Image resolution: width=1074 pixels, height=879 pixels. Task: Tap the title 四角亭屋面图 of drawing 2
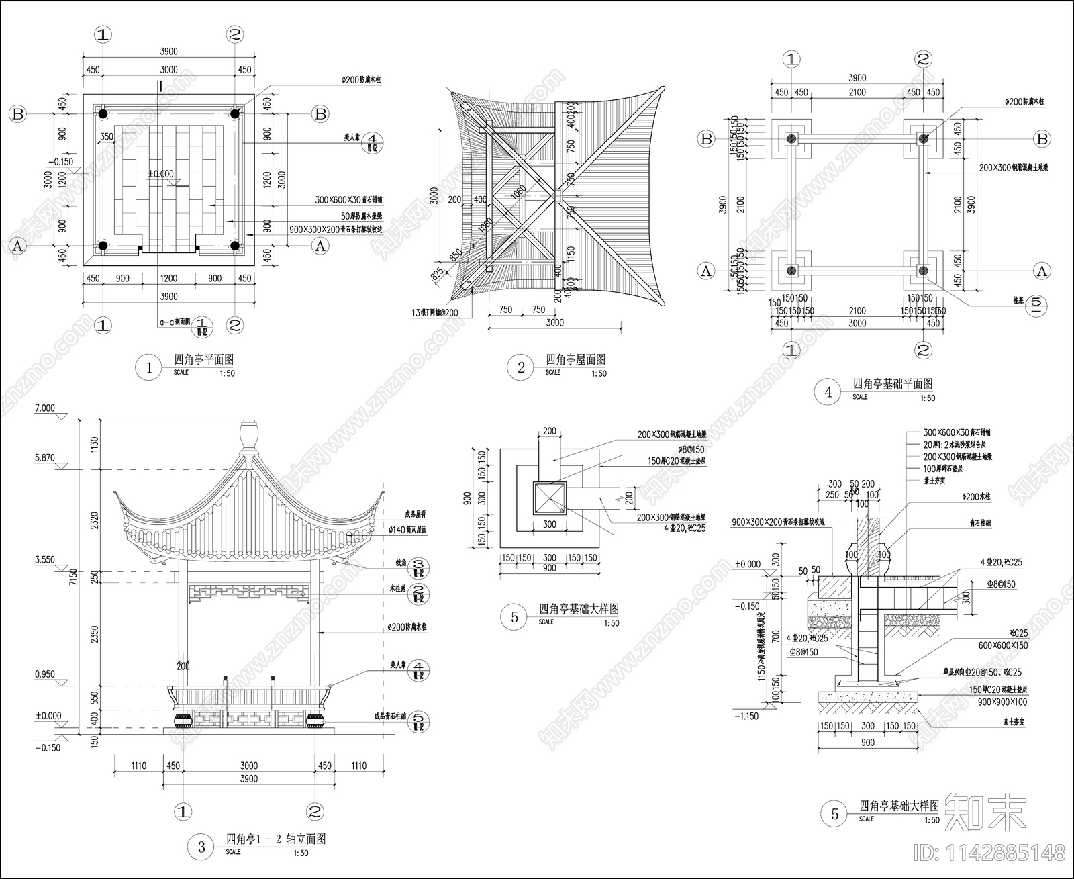coord(575,360)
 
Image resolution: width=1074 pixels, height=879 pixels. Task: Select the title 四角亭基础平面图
coord(892,384)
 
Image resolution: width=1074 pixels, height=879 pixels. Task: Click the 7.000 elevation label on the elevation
coord(45,408)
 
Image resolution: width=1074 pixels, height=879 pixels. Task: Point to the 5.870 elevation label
coord(45,458)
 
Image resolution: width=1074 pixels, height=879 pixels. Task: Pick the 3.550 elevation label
coord(45,559)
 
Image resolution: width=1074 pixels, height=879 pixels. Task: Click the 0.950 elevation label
coord(45,675)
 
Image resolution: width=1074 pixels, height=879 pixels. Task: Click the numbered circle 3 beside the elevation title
coord(201,847)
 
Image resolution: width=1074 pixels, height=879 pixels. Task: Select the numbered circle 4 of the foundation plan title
coord(828,392)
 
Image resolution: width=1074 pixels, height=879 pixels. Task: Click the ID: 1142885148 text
coord(989,853)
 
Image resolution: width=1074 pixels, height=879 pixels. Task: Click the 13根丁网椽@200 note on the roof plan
coord(440,313)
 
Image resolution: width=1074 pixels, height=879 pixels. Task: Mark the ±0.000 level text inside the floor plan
coord(161,173)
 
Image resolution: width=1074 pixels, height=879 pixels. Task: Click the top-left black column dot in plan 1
coord(103,114)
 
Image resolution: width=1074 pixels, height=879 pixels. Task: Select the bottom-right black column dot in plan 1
coord(235,246)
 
